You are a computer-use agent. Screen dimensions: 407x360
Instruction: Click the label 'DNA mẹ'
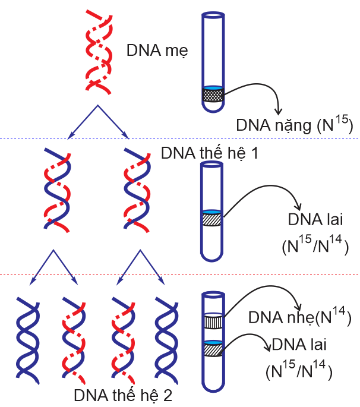point(157,51)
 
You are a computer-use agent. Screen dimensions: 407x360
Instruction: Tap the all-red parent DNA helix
point(97,51)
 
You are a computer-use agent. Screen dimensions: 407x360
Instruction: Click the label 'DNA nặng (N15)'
point(295,125)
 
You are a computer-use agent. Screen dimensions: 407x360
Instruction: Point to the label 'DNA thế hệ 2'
point(123,395)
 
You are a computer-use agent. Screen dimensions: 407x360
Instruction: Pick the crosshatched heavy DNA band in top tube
point(214,94)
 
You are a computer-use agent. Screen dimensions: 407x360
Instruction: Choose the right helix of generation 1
point(137,189)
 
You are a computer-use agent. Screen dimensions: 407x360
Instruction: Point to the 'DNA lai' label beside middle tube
point(314,220)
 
